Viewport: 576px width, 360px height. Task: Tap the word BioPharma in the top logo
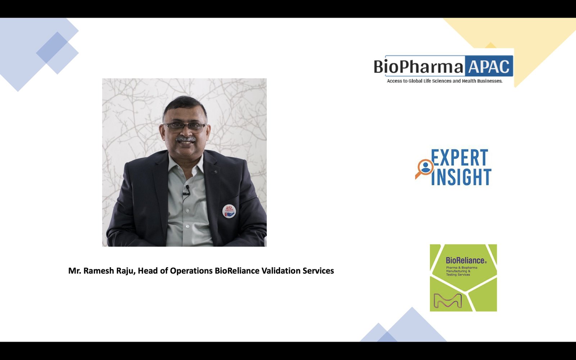tap(419, 66)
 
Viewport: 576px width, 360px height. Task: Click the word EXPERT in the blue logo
tap(459, 157)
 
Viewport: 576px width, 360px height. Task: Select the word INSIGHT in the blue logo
tap(461, 177)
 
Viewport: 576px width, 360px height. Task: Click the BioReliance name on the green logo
tap(466, 260)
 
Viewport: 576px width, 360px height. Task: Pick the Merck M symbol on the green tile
tap(448, 301)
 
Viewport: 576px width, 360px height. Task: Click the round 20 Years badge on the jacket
tap(229, 211)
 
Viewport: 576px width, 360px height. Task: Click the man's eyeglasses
tap(185, 127)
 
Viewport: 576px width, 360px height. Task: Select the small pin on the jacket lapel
tap(215, 172)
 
